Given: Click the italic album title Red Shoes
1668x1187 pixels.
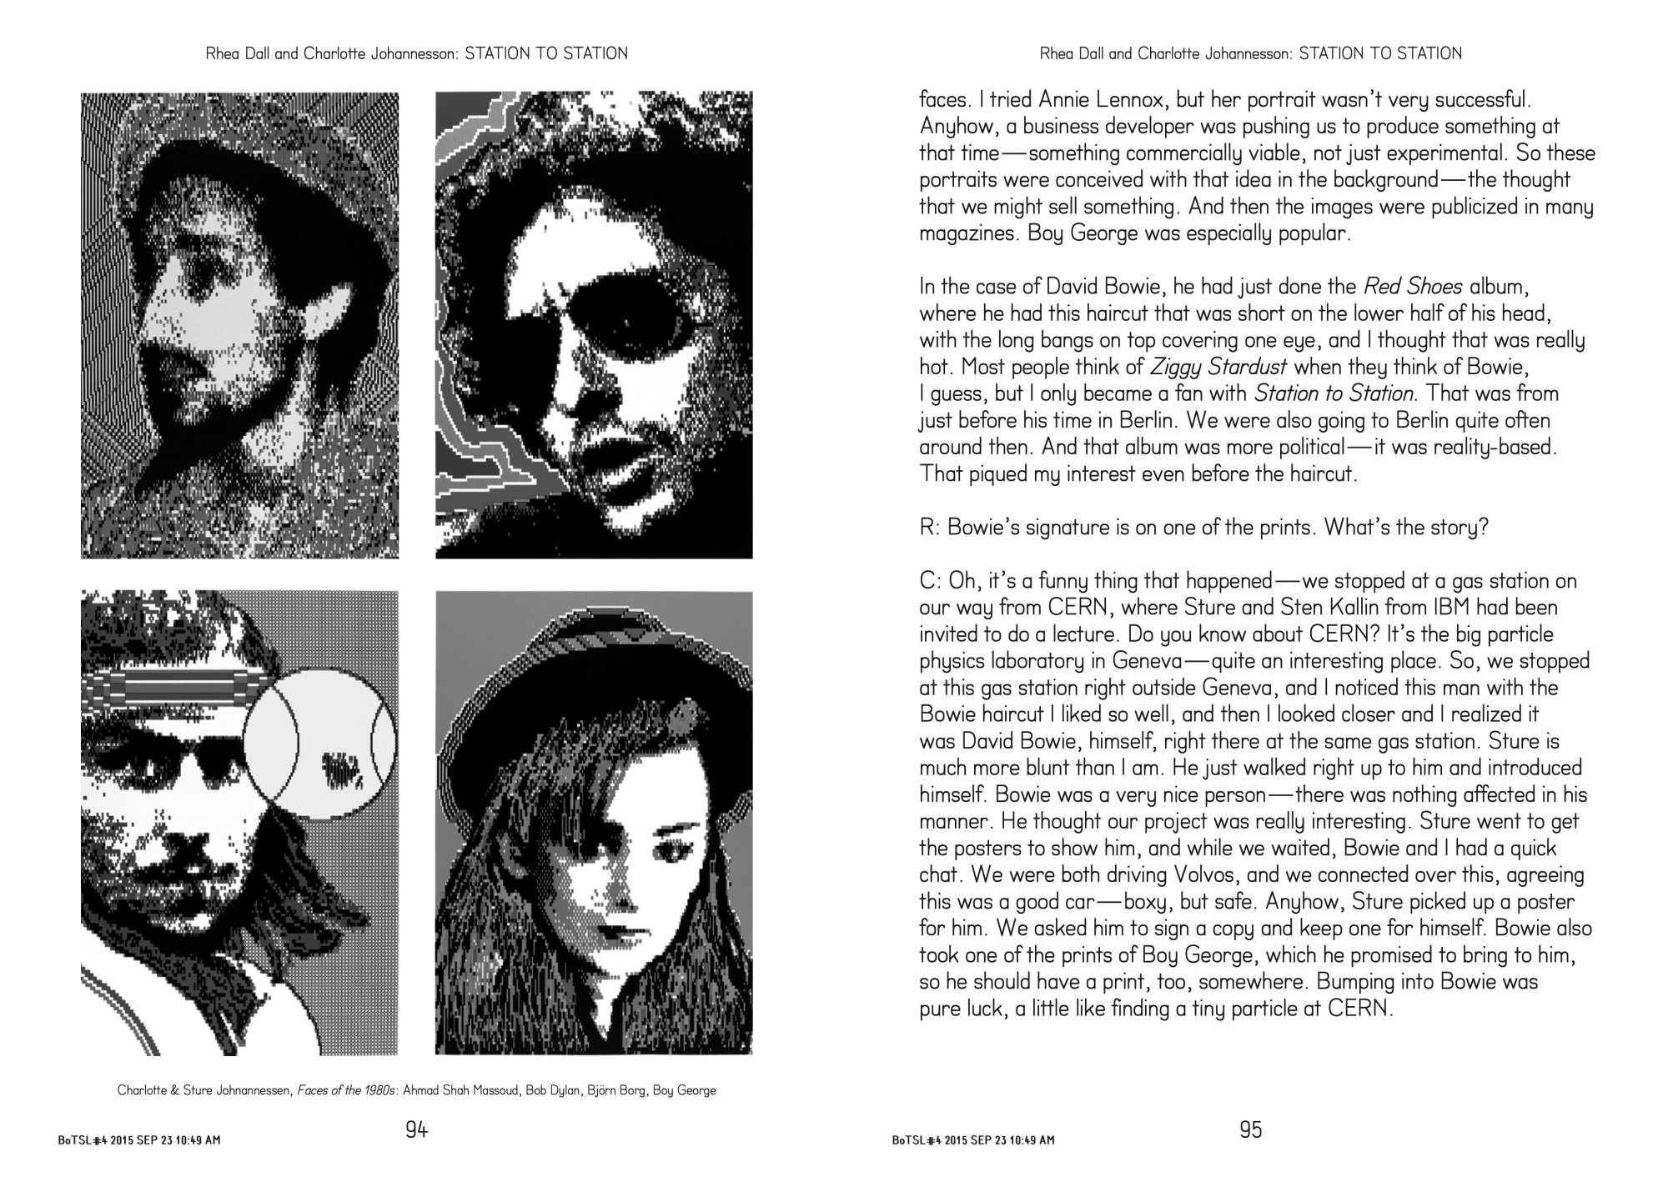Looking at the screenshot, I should click(1413, 287).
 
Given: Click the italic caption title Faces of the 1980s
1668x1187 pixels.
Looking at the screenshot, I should click(347, 1090).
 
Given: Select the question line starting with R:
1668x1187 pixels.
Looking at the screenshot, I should click(1203, 528).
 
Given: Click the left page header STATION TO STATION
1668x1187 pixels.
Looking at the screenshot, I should click(545, 53).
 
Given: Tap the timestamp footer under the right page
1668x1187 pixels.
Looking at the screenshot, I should click(972, 1139).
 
